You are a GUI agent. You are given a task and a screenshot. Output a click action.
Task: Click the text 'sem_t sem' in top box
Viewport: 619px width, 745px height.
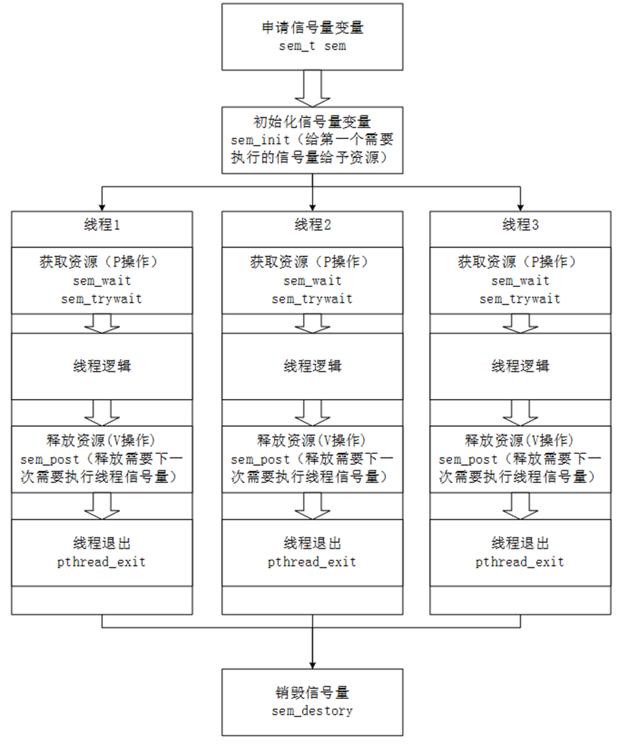point(312,47)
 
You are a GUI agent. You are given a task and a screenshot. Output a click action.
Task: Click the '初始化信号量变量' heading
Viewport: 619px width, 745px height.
point(312,123)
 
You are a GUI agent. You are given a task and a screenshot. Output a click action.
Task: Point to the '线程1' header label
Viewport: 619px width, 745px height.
point(104,225)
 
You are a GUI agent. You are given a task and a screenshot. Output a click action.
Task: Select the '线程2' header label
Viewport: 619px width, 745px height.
point(312,225)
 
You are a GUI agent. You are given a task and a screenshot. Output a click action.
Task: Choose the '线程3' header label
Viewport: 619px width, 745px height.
point(520,225)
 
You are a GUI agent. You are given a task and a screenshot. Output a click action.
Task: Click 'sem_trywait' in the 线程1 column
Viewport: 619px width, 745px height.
point(104,299)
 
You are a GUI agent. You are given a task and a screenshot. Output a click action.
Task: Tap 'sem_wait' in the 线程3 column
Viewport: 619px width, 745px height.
point(520,281)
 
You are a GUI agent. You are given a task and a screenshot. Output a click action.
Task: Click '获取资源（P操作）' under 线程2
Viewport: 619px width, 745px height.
point(312,263)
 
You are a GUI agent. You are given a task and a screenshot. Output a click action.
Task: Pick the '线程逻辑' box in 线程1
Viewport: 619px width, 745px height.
point(104,366)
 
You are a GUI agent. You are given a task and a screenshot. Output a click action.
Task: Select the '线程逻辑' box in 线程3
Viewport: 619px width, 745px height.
point(520,366)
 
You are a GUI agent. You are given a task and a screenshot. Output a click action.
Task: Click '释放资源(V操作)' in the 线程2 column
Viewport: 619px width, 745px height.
point(312,440)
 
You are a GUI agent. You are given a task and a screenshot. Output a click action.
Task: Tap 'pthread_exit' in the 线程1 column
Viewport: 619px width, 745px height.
point(104,562)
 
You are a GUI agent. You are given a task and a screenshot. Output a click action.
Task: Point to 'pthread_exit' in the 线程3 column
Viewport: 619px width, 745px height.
point(520,562)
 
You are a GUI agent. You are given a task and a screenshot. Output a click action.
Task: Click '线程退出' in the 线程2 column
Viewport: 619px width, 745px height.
point(312,544)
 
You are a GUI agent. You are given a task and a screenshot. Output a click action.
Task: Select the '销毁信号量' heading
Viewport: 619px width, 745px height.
point(312,693)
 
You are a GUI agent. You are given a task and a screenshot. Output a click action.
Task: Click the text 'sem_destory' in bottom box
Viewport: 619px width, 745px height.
point(312,711)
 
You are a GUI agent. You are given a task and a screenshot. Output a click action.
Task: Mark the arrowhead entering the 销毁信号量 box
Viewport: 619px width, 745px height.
point(312,663)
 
